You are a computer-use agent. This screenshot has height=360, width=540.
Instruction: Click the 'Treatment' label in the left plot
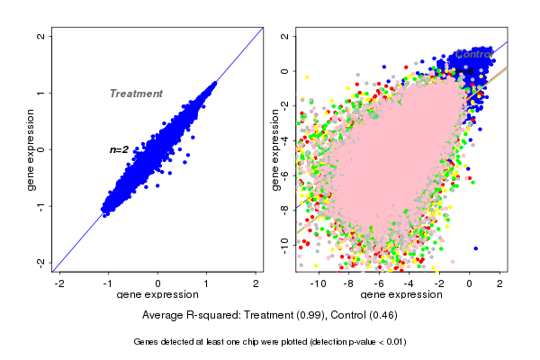coord(136,94)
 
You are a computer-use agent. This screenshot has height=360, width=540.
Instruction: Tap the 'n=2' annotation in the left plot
coord(120,149)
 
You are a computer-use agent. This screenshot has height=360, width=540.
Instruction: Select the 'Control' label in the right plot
coord(474,54)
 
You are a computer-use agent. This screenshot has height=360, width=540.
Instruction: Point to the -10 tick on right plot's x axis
coord(318,283)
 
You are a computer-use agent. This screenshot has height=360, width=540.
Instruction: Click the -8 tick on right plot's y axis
coord(284,209)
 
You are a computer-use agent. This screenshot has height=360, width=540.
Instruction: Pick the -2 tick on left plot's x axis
coord(59,283)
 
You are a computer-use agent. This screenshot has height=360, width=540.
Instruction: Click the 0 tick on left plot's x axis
coord(158,283)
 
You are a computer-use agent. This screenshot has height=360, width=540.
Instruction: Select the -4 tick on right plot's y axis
coord(284,140)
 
